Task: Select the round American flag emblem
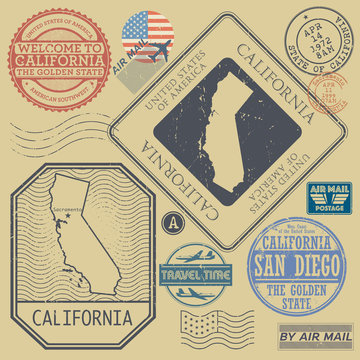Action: click(146, 40)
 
